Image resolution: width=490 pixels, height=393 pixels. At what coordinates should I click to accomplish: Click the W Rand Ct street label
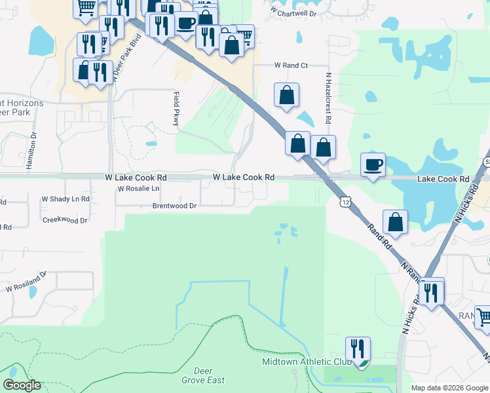click(x=291, y=65)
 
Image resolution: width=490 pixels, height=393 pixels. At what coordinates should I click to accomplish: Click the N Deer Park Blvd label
click(x=118, y=60)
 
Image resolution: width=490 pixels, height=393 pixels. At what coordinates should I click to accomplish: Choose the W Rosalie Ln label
click(x=138, y=189)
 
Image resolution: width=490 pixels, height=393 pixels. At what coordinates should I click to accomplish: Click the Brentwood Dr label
click(x=174, y=206)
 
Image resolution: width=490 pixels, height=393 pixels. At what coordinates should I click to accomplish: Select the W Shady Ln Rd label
click(x=66, y=198)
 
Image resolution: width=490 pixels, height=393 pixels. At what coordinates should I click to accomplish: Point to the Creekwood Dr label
click(x=65, y=221)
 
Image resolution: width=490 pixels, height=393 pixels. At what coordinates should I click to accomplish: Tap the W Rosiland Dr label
click(x=27, y=282)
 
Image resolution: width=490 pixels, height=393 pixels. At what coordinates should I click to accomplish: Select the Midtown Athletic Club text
click(x=307, y=362)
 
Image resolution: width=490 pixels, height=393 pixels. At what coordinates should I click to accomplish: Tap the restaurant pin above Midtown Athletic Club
click(x=358, y=349)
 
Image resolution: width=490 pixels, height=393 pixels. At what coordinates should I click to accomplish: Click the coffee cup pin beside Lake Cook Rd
click(x=373, y=164)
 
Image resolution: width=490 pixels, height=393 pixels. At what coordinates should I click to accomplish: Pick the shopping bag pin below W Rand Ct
click(x=286, y=95)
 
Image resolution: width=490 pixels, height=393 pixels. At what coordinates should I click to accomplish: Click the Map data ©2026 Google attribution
click(x=449, y=388)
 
